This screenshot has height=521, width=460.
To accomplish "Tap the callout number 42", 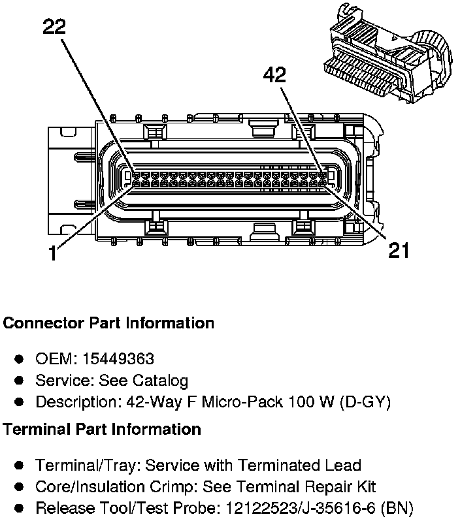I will pos(274,76).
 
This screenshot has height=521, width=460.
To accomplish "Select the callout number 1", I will pos(53,253).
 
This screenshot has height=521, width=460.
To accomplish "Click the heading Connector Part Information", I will pos(108,323).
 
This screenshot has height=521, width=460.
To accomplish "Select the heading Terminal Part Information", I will pos(102,430).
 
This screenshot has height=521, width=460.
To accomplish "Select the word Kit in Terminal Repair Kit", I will pos(365,487).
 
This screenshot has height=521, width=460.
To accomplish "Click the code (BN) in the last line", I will pos(398,508).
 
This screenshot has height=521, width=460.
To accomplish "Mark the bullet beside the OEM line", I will pos(20,359).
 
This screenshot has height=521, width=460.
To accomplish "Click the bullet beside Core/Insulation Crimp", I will pos(20,487).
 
